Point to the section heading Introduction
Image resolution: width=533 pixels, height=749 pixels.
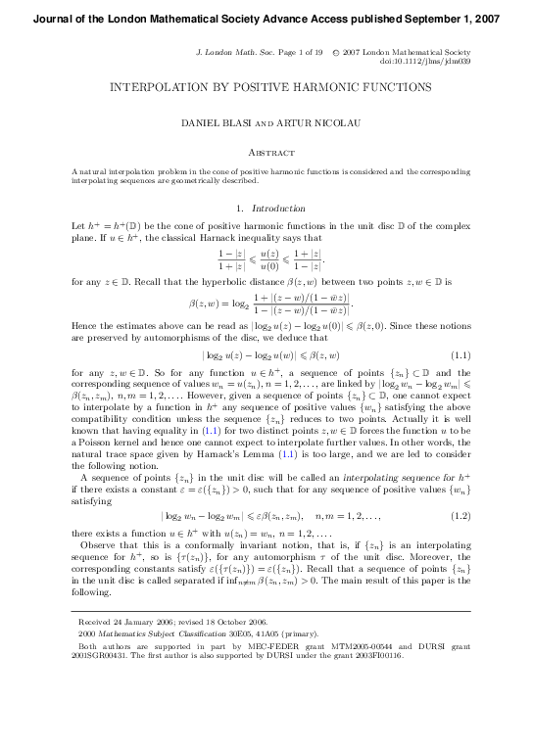click(x=279, y=208)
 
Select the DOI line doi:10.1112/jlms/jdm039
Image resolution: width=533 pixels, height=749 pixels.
click(x=417, y=60)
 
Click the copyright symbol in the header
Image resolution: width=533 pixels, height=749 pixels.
click(x=336, y=50)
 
